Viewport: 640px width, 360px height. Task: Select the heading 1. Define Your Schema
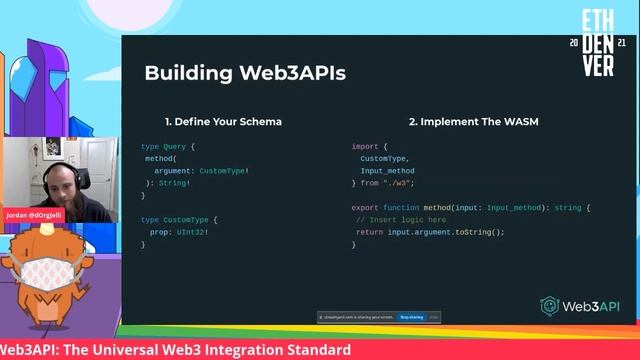[223, 122]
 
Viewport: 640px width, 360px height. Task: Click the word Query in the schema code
[175, 146]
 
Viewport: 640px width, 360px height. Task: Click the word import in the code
[365, 146]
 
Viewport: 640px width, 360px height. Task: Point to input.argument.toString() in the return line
[445, 231]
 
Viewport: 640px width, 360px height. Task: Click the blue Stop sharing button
[412, 317]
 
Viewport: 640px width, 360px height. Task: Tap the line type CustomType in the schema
[179, 219]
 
